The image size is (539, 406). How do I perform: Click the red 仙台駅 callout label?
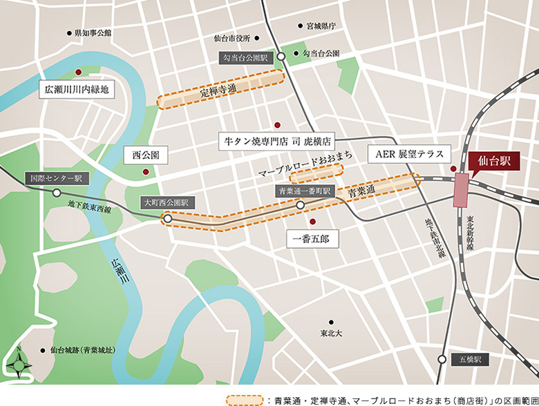tap(495, 160)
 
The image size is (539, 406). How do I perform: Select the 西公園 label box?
tap(146, 155)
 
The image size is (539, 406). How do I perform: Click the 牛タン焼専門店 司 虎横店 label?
tap(276, 142)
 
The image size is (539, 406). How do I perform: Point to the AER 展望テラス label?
tap(409, 153)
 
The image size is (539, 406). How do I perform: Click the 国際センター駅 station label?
tap(56, 178)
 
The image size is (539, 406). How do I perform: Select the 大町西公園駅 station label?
tap(166, 203)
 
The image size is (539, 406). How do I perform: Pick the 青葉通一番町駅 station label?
tap(305, 190)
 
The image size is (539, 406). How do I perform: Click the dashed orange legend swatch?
tap(245, 399)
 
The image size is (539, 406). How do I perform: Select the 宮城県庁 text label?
tap(321, 26)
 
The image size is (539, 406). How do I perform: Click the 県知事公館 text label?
tap(93, 32)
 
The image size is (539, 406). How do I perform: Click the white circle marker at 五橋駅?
tap(442, 359)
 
